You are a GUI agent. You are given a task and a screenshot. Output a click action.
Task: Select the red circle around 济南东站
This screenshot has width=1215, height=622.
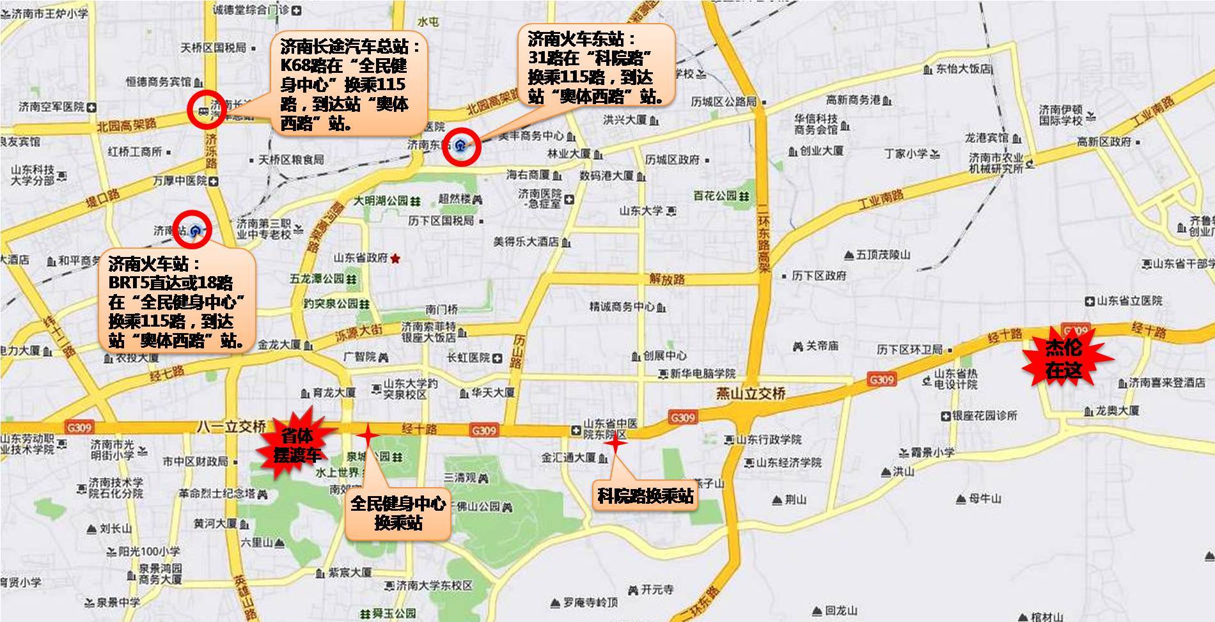(461, 146)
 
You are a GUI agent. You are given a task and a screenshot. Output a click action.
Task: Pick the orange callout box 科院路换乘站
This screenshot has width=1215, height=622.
(645, 495)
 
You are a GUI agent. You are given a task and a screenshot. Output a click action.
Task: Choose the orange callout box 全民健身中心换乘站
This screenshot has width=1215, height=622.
(398, 512)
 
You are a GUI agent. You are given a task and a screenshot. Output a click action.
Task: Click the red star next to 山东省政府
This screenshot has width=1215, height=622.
(395, 258)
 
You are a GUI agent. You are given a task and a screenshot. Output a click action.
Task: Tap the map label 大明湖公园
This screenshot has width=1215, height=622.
(381, 201)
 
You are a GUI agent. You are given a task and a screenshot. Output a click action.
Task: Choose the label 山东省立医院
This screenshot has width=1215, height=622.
(1129, 301)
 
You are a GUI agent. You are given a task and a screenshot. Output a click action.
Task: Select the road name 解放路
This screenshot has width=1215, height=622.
(666, 279)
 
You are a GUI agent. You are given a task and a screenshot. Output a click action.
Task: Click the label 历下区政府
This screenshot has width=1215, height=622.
(819, 276)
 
